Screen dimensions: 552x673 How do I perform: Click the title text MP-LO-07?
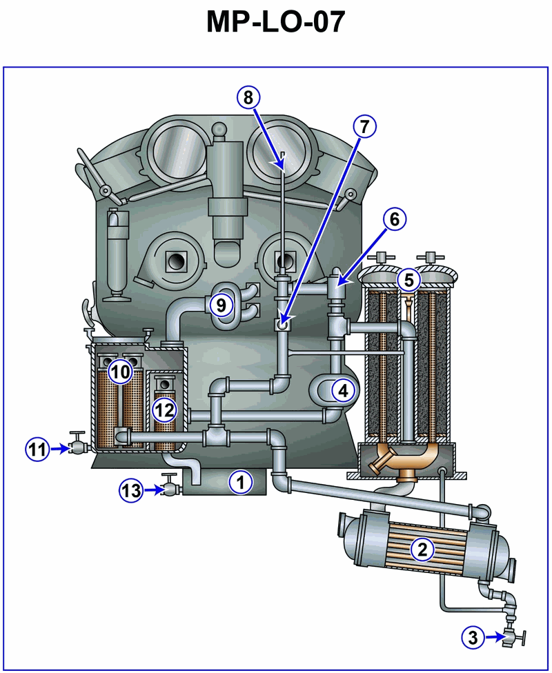276,22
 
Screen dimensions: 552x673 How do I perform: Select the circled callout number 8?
248,97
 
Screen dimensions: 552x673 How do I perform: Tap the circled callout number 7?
365,127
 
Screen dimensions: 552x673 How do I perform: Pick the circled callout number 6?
395,219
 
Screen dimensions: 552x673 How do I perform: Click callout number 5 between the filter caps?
408,280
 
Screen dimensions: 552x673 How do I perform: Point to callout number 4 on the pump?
343,390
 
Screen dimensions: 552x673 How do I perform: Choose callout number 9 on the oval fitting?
221,305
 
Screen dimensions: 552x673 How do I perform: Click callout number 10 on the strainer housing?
121,372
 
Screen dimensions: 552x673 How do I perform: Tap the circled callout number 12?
164,410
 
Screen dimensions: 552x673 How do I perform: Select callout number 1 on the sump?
241,482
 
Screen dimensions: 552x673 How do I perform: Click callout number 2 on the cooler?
422,550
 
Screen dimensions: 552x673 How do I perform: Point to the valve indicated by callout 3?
514,637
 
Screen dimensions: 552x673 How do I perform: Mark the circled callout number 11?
37,450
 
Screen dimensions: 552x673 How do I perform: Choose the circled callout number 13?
131,490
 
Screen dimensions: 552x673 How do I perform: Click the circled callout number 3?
473,637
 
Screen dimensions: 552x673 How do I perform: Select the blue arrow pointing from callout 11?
61,450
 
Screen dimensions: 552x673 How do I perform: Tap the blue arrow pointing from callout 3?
495,637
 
